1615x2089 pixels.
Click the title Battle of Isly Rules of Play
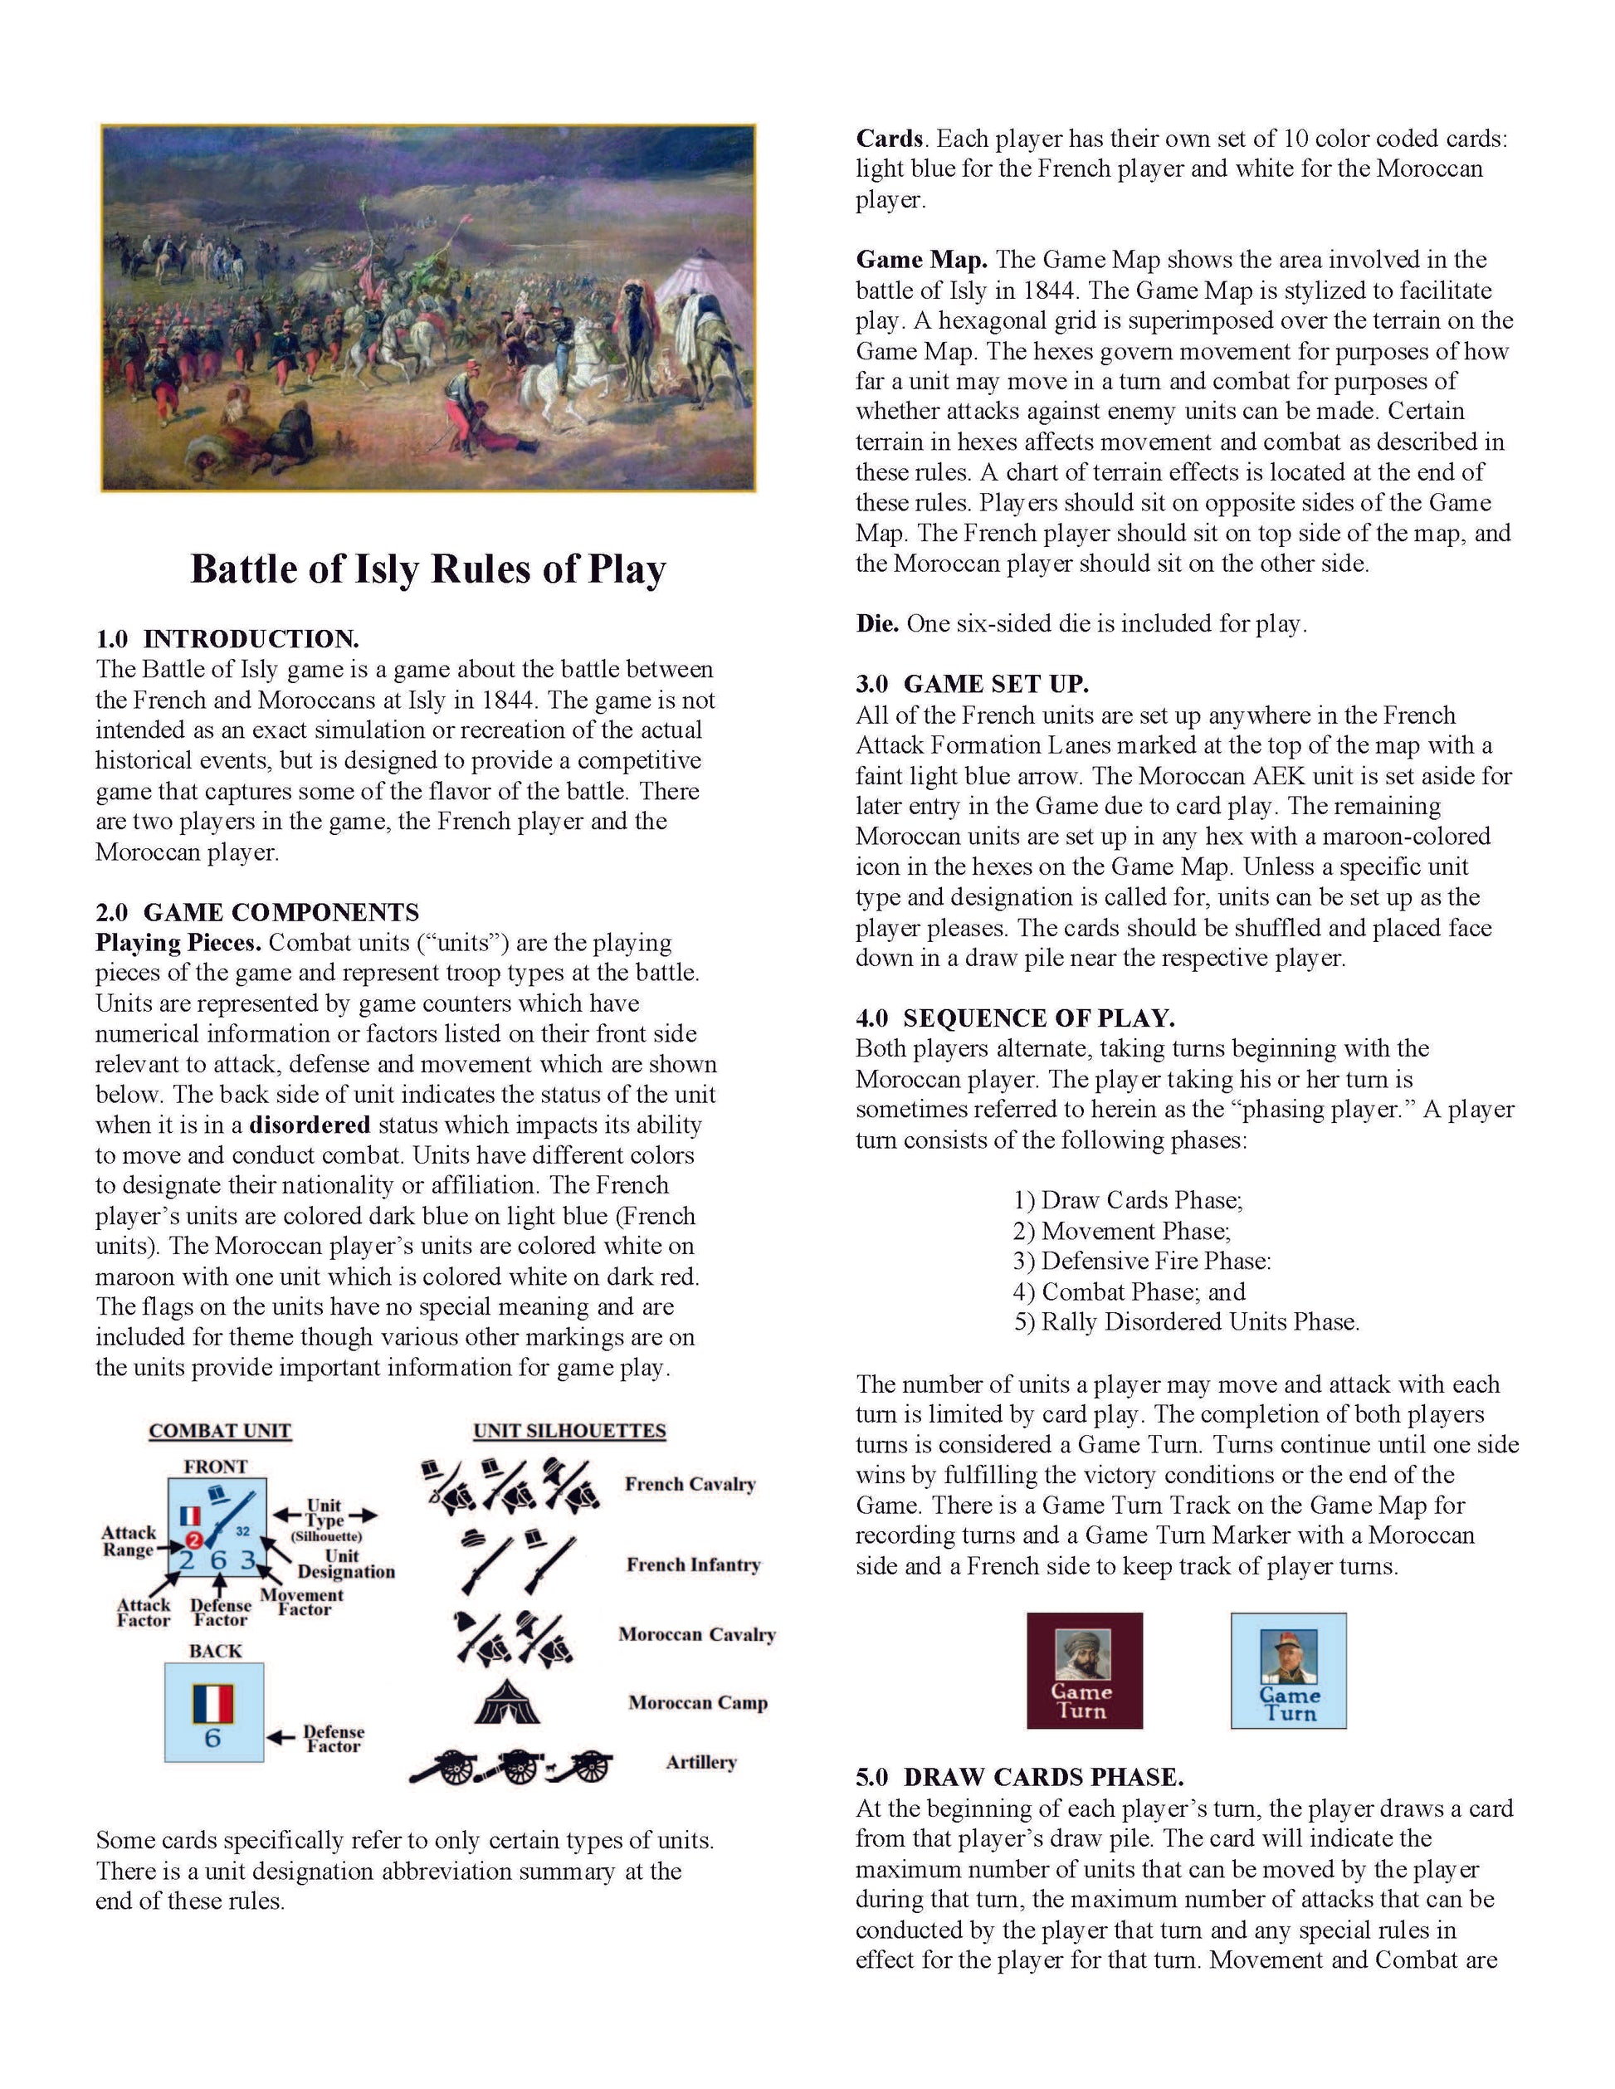pyautogui.click(x=427, y=569)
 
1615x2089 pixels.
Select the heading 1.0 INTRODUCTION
pyautogui.click(x=227, y=639)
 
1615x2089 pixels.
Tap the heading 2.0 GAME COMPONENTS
pyautogui.click(x=257, y=911)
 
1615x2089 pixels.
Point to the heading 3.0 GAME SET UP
pyautogui.click(x=973, y=684)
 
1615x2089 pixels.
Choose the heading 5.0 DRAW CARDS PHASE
pyautogui.click(x=1019, y=1777)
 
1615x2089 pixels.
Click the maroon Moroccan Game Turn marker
pyautogui.click(x=1085, y=1671)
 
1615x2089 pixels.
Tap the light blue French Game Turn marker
pyautogui.click(x=1288, y=1671)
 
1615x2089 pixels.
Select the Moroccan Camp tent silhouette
pyautogui.click(x=507, y=1701)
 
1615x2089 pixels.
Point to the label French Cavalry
pyautogui.click(x=690, y=1485)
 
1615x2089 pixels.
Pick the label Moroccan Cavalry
pyautogui.click(x=696, y=1635)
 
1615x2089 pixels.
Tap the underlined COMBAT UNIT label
pyautogui.click(x=220, y=1431)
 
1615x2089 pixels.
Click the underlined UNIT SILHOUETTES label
pyautogui.click(x=569, y=1431)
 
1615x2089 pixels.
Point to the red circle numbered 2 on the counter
pyautogui.click(x=194, y=1540)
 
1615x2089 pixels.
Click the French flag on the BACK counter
pyautogui.click(x=212, y=1702)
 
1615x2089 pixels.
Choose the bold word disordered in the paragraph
pyautogui.click(x=309, y=1125)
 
